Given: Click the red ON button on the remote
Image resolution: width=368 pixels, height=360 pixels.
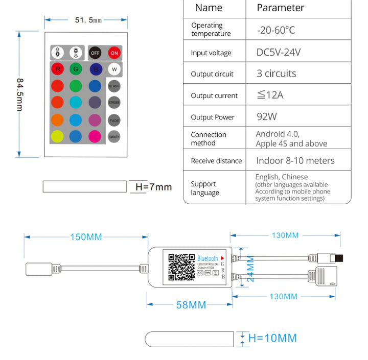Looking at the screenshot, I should click(114, 53).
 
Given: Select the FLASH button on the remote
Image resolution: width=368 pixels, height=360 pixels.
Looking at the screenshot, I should click(114, 86).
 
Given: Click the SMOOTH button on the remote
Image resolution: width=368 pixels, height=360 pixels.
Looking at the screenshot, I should click(114, 136).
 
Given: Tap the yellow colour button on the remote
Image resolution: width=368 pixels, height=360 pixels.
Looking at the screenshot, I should click(57, 136).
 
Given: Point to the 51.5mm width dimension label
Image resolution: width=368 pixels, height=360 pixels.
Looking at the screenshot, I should click(88, 20).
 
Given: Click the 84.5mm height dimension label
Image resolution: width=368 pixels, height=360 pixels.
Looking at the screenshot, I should click(19, 94).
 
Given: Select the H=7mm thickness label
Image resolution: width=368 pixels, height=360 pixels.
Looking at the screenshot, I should click(153, 187).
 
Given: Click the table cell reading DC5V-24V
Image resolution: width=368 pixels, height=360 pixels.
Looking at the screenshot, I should click(279, 52).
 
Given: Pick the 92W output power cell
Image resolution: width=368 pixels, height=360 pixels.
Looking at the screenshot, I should click(267, 116).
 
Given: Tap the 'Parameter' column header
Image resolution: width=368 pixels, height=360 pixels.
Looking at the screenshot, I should click(280, 8).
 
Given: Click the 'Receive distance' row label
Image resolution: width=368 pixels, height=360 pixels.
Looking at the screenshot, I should click(216, 161).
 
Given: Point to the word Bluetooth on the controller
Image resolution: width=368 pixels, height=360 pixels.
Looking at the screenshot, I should click(208, 259).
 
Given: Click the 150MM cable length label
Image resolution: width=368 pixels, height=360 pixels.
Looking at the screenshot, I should click(86, 236).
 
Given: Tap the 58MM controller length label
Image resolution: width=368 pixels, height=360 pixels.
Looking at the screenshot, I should click(191, 305).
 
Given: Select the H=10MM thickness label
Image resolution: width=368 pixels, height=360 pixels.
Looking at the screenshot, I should click(272, 338).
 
